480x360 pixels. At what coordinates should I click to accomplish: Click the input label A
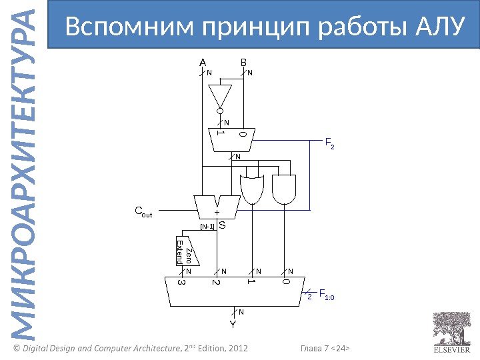[203, 63]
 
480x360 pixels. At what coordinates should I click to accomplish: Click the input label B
[243, 63]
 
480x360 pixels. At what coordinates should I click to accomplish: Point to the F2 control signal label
[329, 142]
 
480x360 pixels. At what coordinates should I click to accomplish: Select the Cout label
[143, 213]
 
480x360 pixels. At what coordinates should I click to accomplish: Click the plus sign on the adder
[216, 212]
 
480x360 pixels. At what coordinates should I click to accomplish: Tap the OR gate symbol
[251, 189]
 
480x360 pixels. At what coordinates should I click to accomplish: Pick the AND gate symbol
[285, 189]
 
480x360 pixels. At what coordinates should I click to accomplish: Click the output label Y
[233, 325]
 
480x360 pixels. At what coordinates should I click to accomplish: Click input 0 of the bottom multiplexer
[285, 283]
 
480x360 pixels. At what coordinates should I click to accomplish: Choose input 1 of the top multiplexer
[219, 133]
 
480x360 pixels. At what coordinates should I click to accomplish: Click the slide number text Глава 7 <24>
[326, 349]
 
